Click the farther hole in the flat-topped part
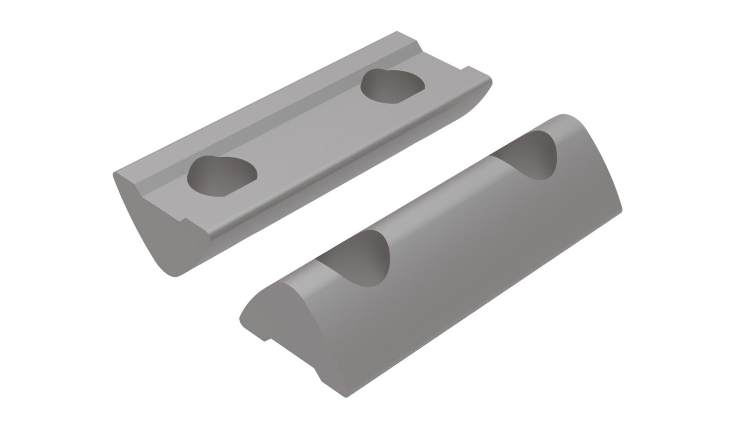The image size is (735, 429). tap(393, 87)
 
